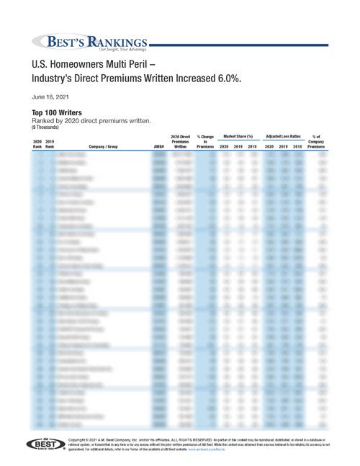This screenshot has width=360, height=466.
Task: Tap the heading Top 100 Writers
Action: tap(56, 112)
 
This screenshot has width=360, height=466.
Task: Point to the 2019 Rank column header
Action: tap(50, 143)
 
